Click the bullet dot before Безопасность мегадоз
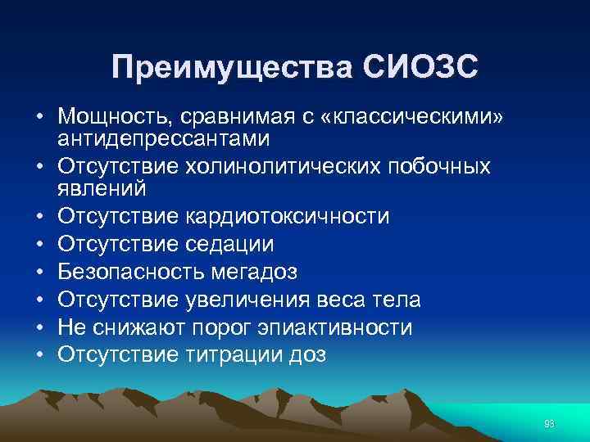[39, 272]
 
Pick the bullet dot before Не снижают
[39, 327]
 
